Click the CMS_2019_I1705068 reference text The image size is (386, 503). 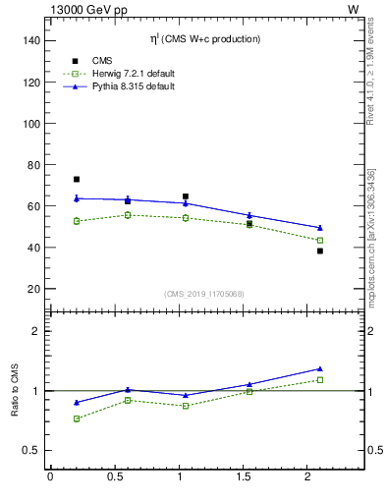[x=204, y=294]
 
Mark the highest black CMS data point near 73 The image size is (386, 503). [x=77, y=180]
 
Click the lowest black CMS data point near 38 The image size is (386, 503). [x=319, y=251]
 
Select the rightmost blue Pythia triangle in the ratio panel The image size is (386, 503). [x=319, y=369]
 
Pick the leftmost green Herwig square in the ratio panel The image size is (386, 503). [x=77, y=419]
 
